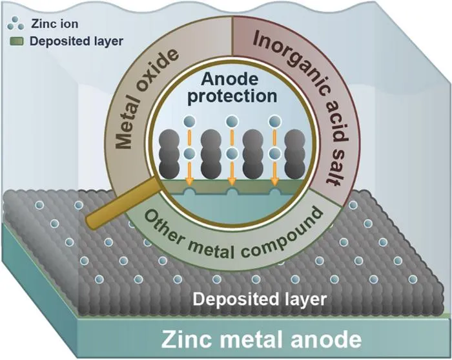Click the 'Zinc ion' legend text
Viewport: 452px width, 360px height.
click(54, 24)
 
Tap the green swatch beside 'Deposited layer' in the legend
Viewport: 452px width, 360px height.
click(17, 41)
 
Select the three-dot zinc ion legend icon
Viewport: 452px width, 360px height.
click(15, 23)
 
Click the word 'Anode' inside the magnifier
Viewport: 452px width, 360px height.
click(229, 79)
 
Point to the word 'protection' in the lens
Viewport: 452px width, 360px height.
click(232, 97)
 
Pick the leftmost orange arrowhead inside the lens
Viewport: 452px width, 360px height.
click(189, 182)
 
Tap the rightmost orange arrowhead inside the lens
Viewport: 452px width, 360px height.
click(274, 182)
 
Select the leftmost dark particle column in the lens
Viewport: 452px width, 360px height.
click(169, 154)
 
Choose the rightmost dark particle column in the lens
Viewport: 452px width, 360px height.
click(294, 154)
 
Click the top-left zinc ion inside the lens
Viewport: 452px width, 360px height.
click(189, 121)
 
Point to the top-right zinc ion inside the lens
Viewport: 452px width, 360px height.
click(274, 121)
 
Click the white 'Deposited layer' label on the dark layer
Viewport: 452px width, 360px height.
click(260, 300)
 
